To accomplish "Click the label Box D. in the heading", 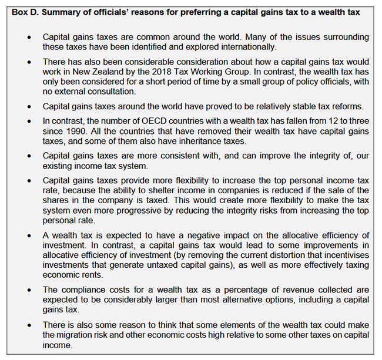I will point(26,11).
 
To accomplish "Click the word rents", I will point(95,275).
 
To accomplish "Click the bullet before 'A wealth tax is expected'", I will point(30,235).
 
